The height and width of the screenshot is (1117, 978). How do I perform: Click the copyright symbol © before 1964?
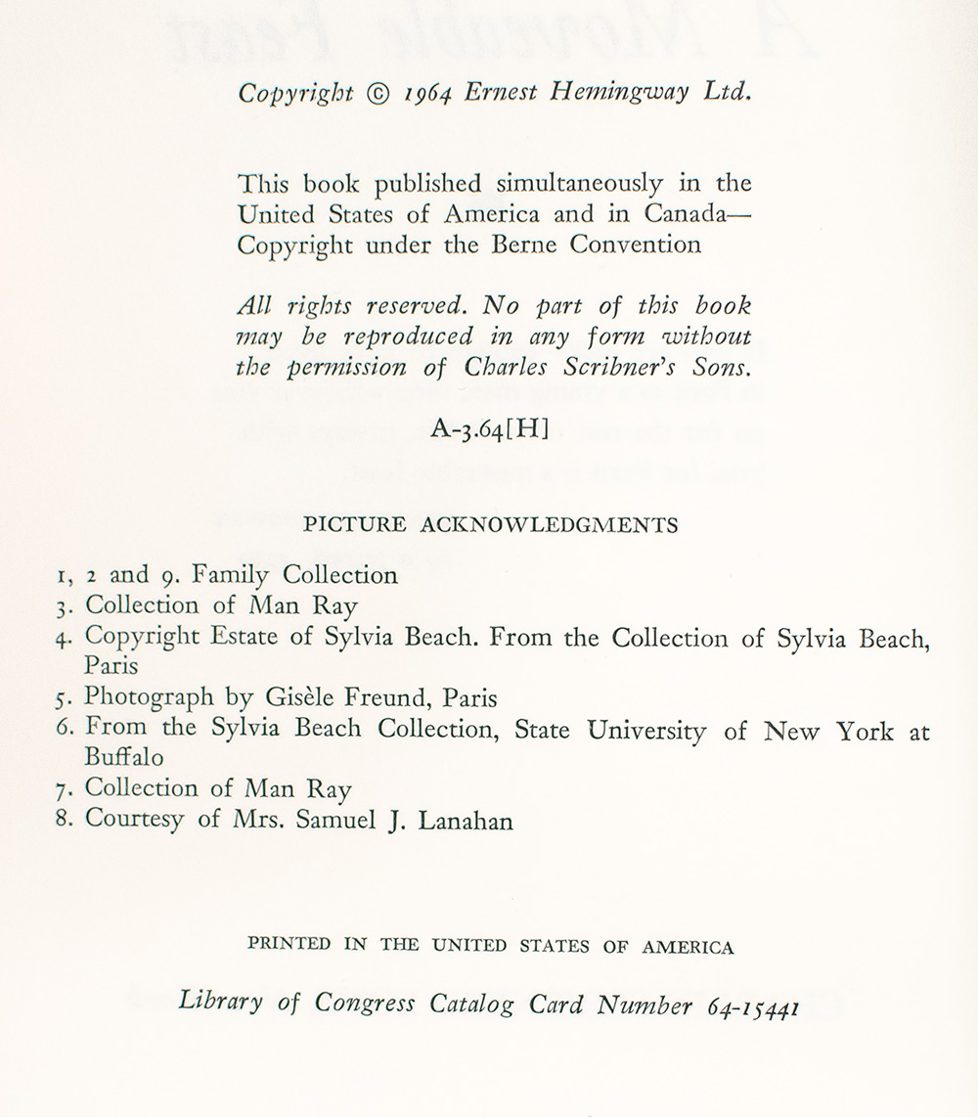tap(377, 95)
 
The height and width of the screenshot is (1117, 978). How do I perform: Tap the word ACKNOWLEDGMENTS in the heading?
tap(549, 525)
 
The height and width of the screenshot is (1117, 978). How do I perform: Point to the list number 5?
tap(61, 700)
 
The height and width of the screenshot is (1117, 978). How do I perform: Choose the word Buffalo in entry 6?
tap(124, 758)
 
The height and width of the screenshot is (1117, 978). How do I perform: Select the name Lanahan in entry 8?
tap(465, 821)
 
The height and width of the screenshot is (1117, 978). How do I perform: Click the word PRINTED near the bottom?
tap(289, 947)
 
